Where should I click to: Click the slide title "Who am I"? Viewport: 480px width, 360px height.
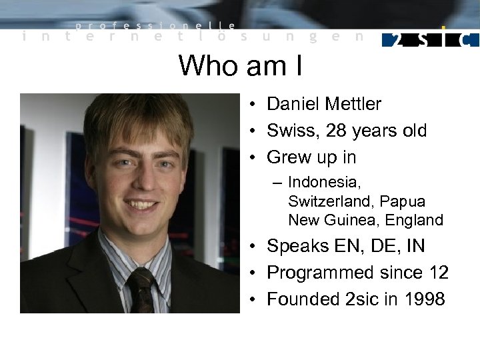240,65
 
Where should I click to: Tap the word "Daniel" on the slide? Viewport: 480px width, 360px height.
293,104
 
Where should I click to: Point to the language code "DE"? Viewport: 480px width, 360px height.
385,246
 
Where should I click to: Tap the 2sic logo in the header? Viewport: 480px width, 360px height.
431,39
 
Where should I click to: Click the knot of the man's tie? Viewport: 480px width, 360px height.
141,277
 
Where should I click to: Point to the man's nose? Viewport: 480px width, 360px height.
141,183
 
